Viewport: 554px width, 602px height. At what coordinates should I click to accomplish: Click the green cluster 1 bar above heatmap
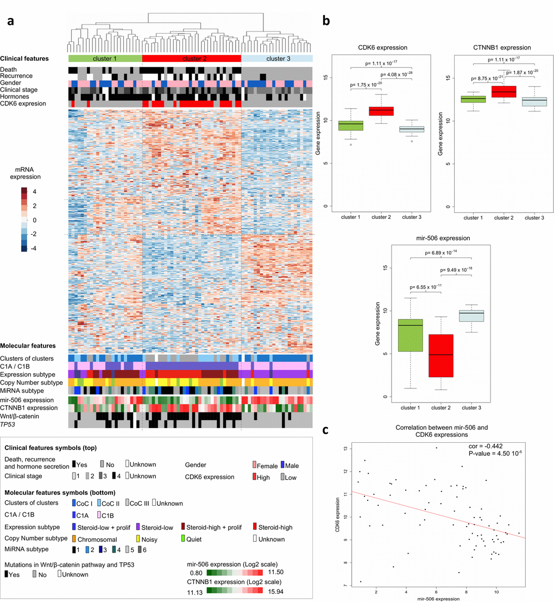tap(104, 58)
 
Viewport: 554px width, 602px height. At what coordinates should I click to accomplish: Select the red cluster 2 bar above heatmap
tap(191, 58)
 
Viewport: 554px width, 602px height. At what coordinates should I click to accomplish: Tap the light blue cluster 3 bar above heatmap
tap(276, 58)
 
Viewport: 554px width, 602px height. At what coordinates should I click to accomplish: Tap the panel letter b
tap(326, 21)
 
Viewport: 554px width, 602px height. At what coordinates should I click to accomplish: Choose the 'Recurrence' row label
tap(16, 76)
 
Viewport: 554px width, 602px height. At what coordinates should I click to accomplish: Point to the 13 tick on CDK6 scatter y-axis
tap(344, 448)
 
